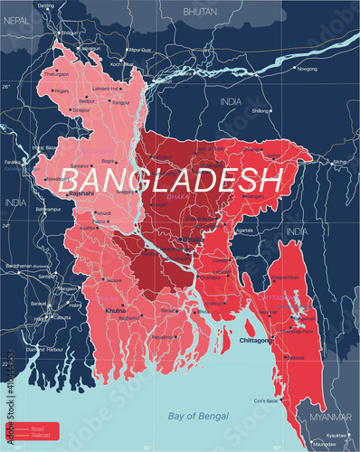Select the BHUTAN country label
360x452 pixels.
200,11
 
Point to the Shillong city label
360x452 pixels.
261,110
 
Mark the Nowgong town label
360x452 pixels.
308,68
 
